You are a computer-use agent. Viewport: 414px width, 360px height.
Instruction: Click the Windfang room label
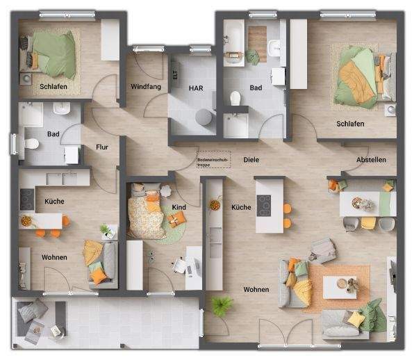tap(146, 87)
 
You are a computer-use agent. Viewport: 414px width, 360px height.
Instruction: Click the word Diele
tap(251, 160)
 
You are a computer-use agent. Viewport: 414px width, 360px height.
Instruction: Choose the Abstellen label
tap(371, 160)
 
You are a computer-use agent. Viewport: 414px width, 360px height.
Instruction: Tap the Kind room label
tap(179, 207)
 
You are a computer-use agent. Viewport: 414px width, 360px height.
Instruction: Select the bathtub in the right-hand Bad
tap(233, 42)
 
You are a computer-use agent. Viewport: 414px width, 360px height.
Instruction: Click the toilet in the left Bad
tap(31, 144)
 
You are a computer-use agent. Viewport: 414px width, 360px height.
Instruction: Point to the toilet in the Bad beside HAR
tap(235, 98)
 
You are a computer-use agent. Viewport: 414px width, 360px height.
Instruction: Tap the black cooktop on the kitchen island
tap(265, 204)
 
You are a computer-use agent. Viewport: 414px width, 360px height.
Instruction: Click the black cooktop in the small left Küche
tap(26, 199)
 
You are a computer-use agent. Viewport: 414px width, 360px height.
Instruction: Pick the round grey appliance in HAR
tap(204, 117)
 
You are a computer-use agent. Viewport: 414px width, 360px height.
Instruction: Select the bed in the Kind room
tap(147, 212)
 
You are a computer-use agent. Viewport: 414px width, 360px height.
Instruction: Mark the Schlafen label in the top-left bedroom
tap(53, 87)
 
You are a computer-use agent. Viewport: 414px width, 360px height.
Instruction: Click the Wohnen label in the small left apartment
tap(54, 258)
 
